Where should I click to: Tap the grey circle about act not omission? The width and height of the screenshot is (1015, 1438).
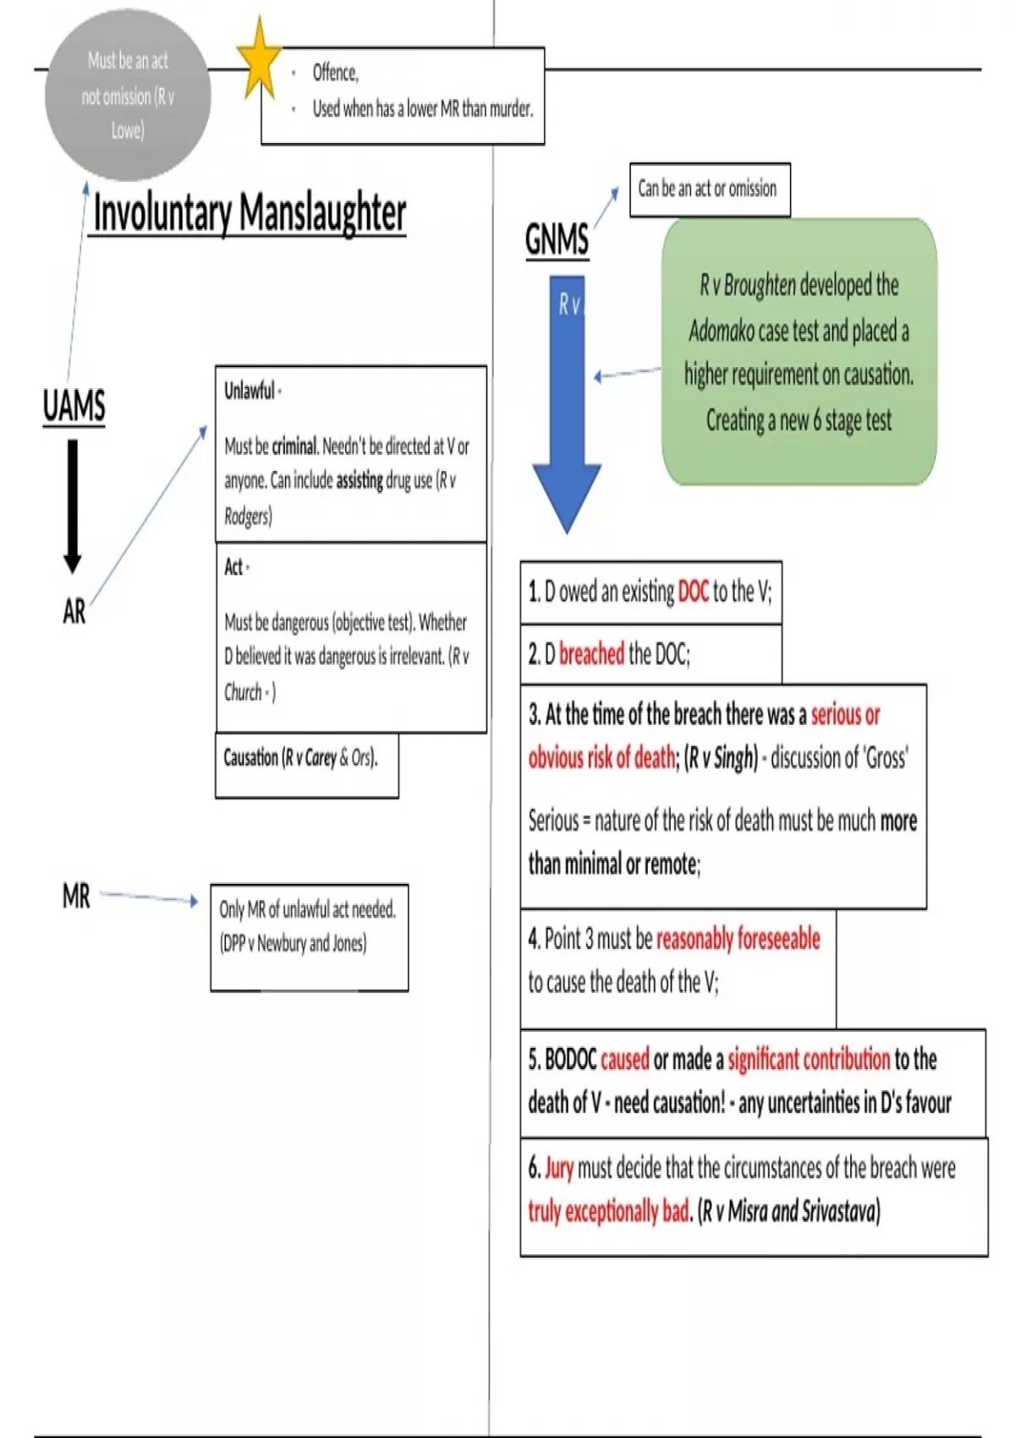click(127, 96)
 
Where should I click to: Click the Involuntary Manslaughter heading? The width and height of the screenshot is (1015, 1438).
click(249, 212)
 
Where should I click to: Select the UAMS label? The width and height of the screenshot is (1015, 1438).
click(74, 405)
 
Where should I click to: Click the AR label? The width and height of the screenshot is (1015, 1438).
click(74, 611)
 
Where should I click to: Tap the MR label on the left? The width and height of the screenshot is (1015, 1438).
click(76, 896)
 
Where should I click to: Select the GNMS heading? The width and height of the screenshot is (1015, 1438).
click(557, 239)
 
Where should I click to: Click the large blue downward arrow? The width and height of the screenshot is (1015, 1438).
click(567, 406)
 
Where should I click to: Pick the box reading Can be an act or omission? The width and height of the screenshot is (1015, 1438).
click(709, 189)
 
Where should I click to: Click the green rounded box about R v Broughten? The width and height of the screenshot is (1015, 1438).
click(798, 352)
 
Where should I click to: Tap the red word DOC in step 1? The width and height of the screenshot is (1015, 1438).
click(693, 592)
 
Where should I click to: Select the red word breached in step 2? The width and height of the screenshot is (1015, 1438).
click(591, 654)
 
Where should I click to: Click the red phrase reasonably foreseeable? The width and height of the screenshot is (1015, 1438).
click(738, 939)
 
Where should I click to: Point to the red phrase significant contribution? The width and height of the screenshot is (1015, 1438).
click(808, 1059)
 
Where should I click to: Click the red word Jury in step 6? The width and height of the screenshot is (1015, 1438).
click(559, 1168)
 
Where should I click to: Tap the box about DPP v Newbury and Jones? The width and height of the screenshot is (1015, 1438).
click(309, 937)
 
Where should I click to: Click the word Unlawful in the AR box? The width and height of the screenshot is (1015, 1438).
click(250, 391)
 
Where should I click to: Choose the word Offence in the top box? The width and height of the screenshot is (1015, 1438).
click(336, 73)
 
